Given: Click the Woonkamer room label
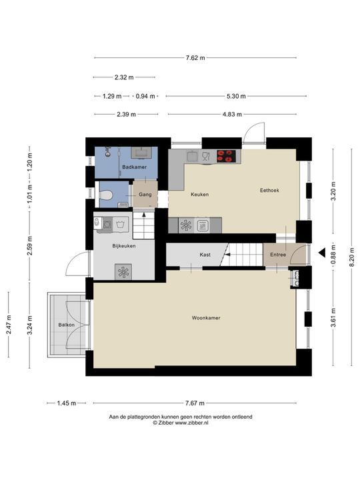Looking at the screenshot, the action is point(206,318).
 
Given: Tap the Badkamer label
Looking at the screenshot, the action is point(135,167).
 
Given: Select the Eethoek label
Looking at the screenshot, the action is point(269,190).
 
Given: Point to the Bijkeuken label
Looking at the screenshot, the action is point(124,246).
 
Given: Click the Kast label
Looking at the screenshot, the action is point(205,255).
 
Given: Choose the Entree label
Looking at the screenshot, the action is point(278,255).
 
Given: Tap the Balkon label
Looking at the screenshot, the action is point(67,325).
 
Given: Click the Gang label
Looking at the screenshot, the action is point(145,195).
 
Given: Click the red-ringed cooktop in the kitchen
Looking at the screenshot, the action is point(226,156).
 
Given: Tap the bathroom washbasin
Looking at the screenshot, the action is point(141,153).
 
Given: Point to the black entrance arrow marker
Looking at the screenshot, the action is point(321,253).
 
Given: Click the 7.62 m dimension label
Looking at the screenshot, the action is point(195,57).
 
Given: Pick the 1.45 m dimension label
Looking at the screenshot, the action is point(67,403).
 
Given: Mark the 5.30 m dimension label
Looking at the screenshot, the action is point(236,96).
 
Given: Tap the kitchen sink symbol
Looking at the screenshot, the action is point(193,156).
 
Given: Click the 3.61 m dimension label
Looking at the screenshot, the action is point(333,318).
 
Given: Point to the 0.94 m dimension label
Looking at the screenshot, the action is point(145,96).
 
